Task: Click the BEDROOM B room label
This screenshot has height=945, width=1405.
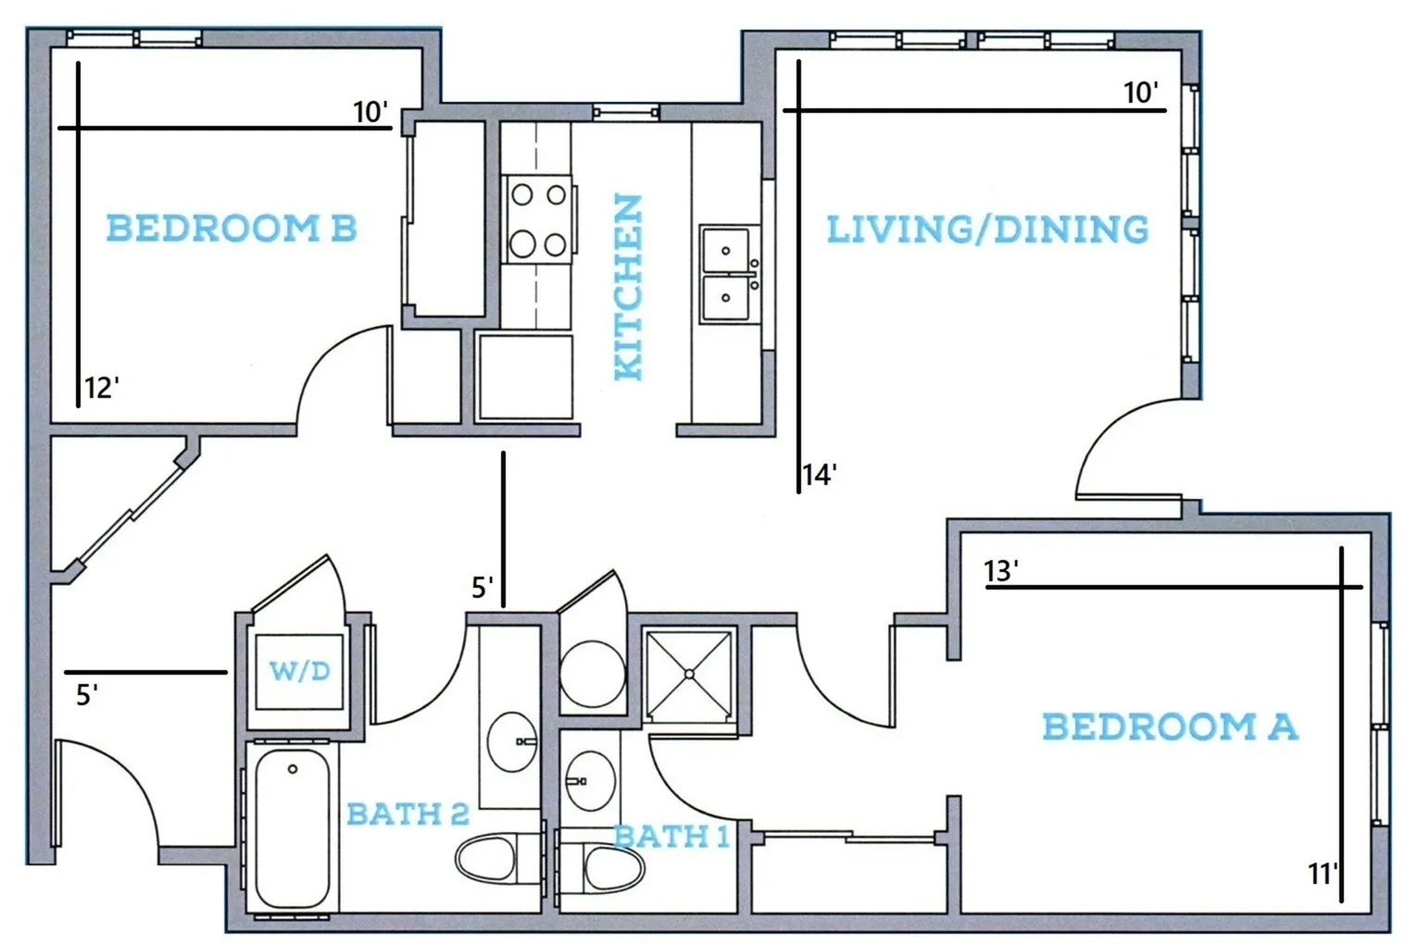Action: tap(232, 228)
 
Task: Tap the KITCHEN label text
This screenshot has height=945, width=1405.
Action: tap(629, 287)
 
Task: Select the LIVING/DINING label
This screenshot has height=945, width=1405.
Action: tap(988, 229)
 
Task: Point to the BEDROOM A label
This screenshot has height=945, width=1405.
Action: tap(1171, 727)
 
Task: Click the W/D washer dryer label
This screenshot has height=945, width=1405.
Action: tap(300, 671)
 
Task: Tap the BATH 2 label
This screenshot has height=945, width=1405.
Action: tap(408, 814)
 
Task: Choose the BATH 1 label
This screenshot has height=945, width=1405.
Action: tap(671, 837)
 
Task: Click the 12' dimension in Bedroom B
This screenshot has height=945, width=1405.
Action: tap(102, 389)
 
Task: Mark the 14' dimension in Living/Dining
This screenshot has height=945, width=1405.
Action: tap(820, 475)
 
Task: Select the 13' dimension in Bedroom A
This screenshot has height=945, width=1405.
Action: tap(1001, 571)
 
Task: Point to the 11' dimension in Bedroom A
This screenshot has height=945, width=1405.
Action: tap(1323, 874)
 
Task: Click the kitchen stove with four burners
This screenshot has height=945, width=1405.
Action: tap(539, 219)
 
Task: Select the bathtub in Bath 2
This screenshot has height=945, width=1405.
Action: tap(293, 828)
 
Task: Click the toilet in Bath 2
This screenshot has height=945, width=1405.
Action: tap(499, 859)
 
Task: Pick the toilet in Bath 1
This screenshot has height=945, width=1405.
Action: tap(601, 868)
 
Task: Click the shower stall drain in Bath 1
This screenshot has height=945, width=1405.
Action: tap(689, 675)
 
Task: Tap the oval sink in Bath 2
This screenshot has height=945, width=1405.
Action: tap(512, 741)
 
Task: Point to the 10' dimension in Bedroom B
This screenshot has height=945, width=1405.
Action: tap(370, 113)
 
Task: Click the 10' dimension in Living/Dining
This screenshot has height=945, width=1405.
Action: tap(1141, 93)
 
